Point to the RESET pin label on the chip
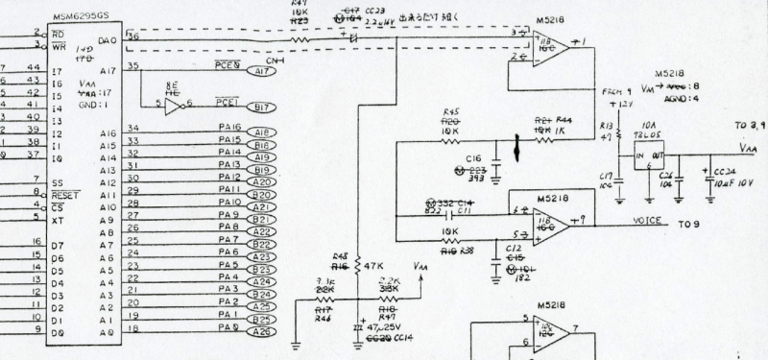click(x=65, y=194)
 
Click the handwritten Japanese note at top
click(x=414, y=15)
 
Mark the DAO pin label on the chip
click(x=108, y=40)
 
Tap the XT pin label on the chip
click(x=56, y=220)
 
